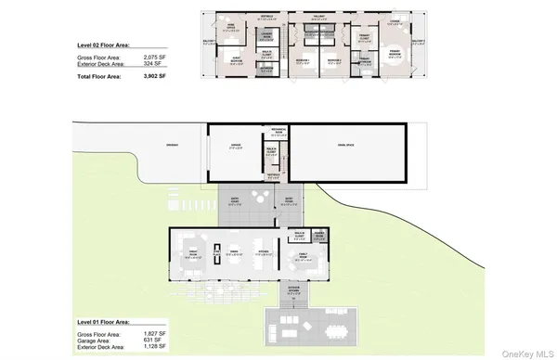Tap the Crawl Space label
point(346,145)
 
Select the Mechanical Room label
point(277,131)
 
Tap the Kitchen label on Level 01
point(262,251)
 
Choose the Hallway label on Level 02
point(319,14)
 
